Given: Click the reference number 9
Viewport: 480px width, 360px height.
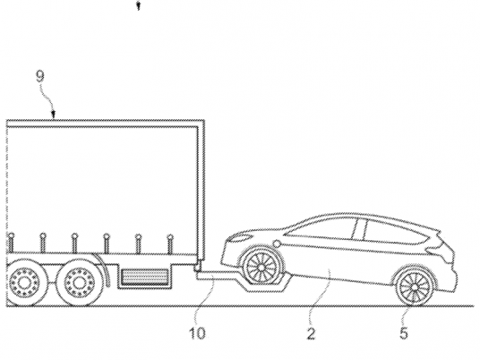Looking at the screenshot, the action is (x=40, y=76).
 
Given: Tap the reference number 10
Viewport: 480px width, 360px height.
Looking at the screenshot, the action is (x=198, y=333).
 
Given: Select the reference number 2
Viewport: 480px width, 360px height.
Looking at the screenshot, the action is (x=311, y=334).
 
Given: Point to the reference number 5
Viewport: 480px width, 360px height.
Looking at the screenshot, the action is (x=404, y=333).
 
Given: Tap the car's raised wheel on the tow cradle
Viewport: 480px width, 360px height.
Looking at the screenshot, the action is (x=261, y=267).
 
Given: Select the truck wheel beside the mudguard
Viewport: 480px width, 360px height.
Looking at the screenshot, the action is (x=79, y=283).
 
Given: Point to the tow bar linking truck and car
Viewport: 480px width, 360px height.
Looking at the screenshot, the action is (x=218, y=277).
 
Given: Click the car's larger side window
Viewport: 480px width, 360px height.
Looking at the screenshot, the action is (x=395, y=230).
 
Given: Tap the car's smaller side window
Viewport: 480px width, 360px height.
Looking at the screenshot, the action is (x=321, y=227).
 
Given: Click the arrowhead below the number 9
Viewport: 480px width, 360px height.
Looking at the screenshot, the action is (x=54, y=116).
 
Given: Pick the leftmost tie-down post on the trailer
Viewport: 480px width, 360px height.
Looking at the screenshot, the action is (x=12, y=244).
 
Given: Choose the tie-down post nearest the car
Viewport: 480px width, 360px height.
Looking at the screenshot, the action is (x=170, y=244).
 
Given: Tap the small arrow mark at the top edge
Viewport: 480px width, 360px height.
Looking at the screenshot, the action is (x=139, y=6).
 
